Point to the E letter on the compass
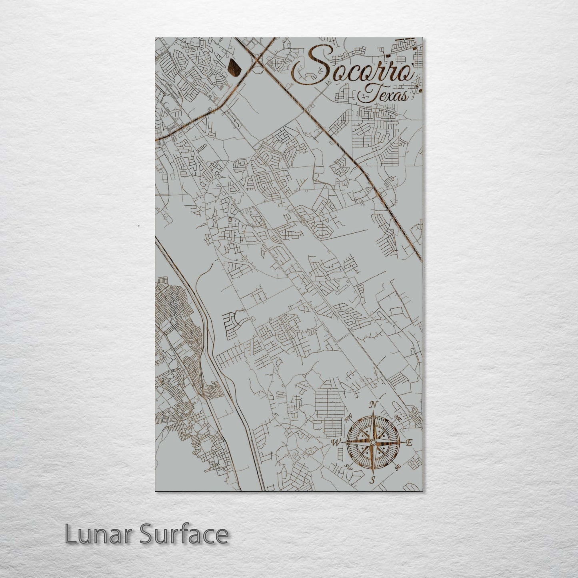409,443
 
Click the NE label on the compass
398,418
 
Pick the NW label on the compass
348,419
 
